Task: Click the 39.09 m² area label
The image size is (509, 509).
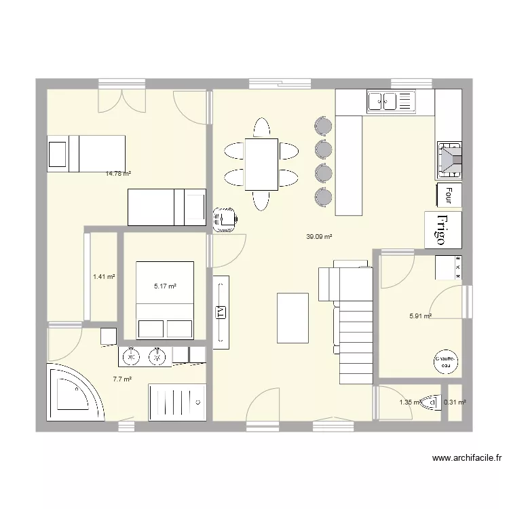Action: pos(318,237)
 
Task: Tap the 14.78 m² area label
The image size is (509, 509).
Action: pos(117,174)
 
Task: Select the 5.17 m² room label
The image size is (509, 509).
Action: pos(165,287)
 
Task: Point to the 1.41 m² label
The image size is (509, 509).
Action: pos(103,277)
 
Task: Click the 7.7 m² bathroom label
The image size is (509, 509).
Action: pos(122,380)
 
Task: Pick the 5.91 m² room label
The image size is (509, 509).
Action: pos(420,316)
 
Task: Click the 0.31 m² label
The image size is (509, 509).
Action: pos(455,402)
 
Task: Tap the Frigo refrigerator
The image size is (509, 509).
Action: pos(442,229)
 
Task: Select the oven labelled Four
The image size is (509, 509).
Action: pos(448,195)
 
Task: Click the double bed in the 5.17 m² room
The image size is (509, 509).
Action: pos(165,299)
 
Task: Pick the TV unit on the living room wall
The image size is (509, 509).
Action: pos(221,312)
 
